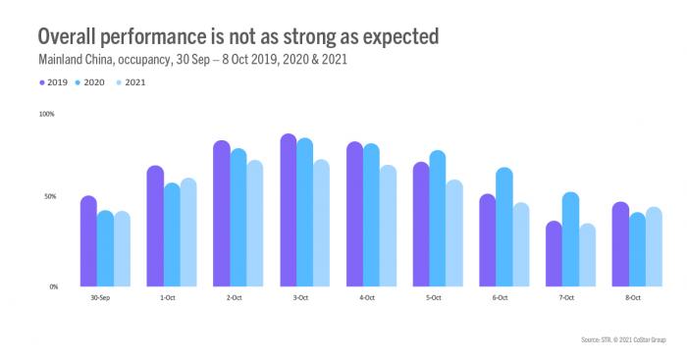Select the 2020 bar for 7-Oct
click(x=570, y=239)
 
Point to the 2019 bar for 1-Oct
click(x=155, y=227)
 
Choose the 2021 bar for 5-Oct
click(x=453, y=233)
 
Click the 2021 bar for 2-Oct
click(x=254, y=224)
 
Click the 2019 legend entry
click(x=55, y=82)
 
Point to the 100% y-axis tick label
click(x=46, y=114)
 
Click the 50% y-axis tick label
click(x=49, y=197)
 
